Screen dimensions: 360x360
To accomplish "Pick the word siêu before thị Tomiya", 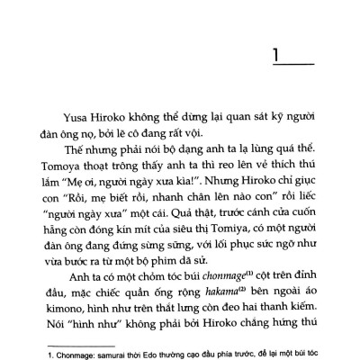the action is [209, 227].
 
